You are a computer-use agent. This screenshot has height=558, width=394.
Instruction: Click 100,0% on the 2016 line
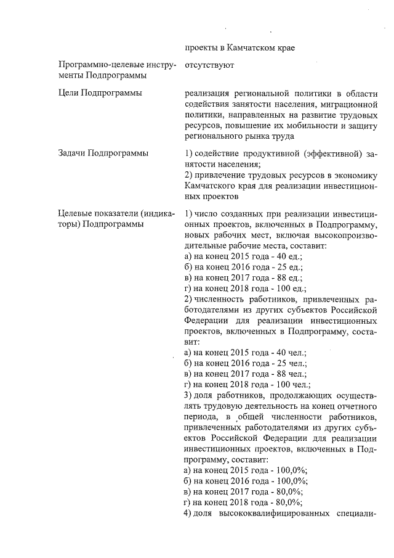click(x=293, y=482)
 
